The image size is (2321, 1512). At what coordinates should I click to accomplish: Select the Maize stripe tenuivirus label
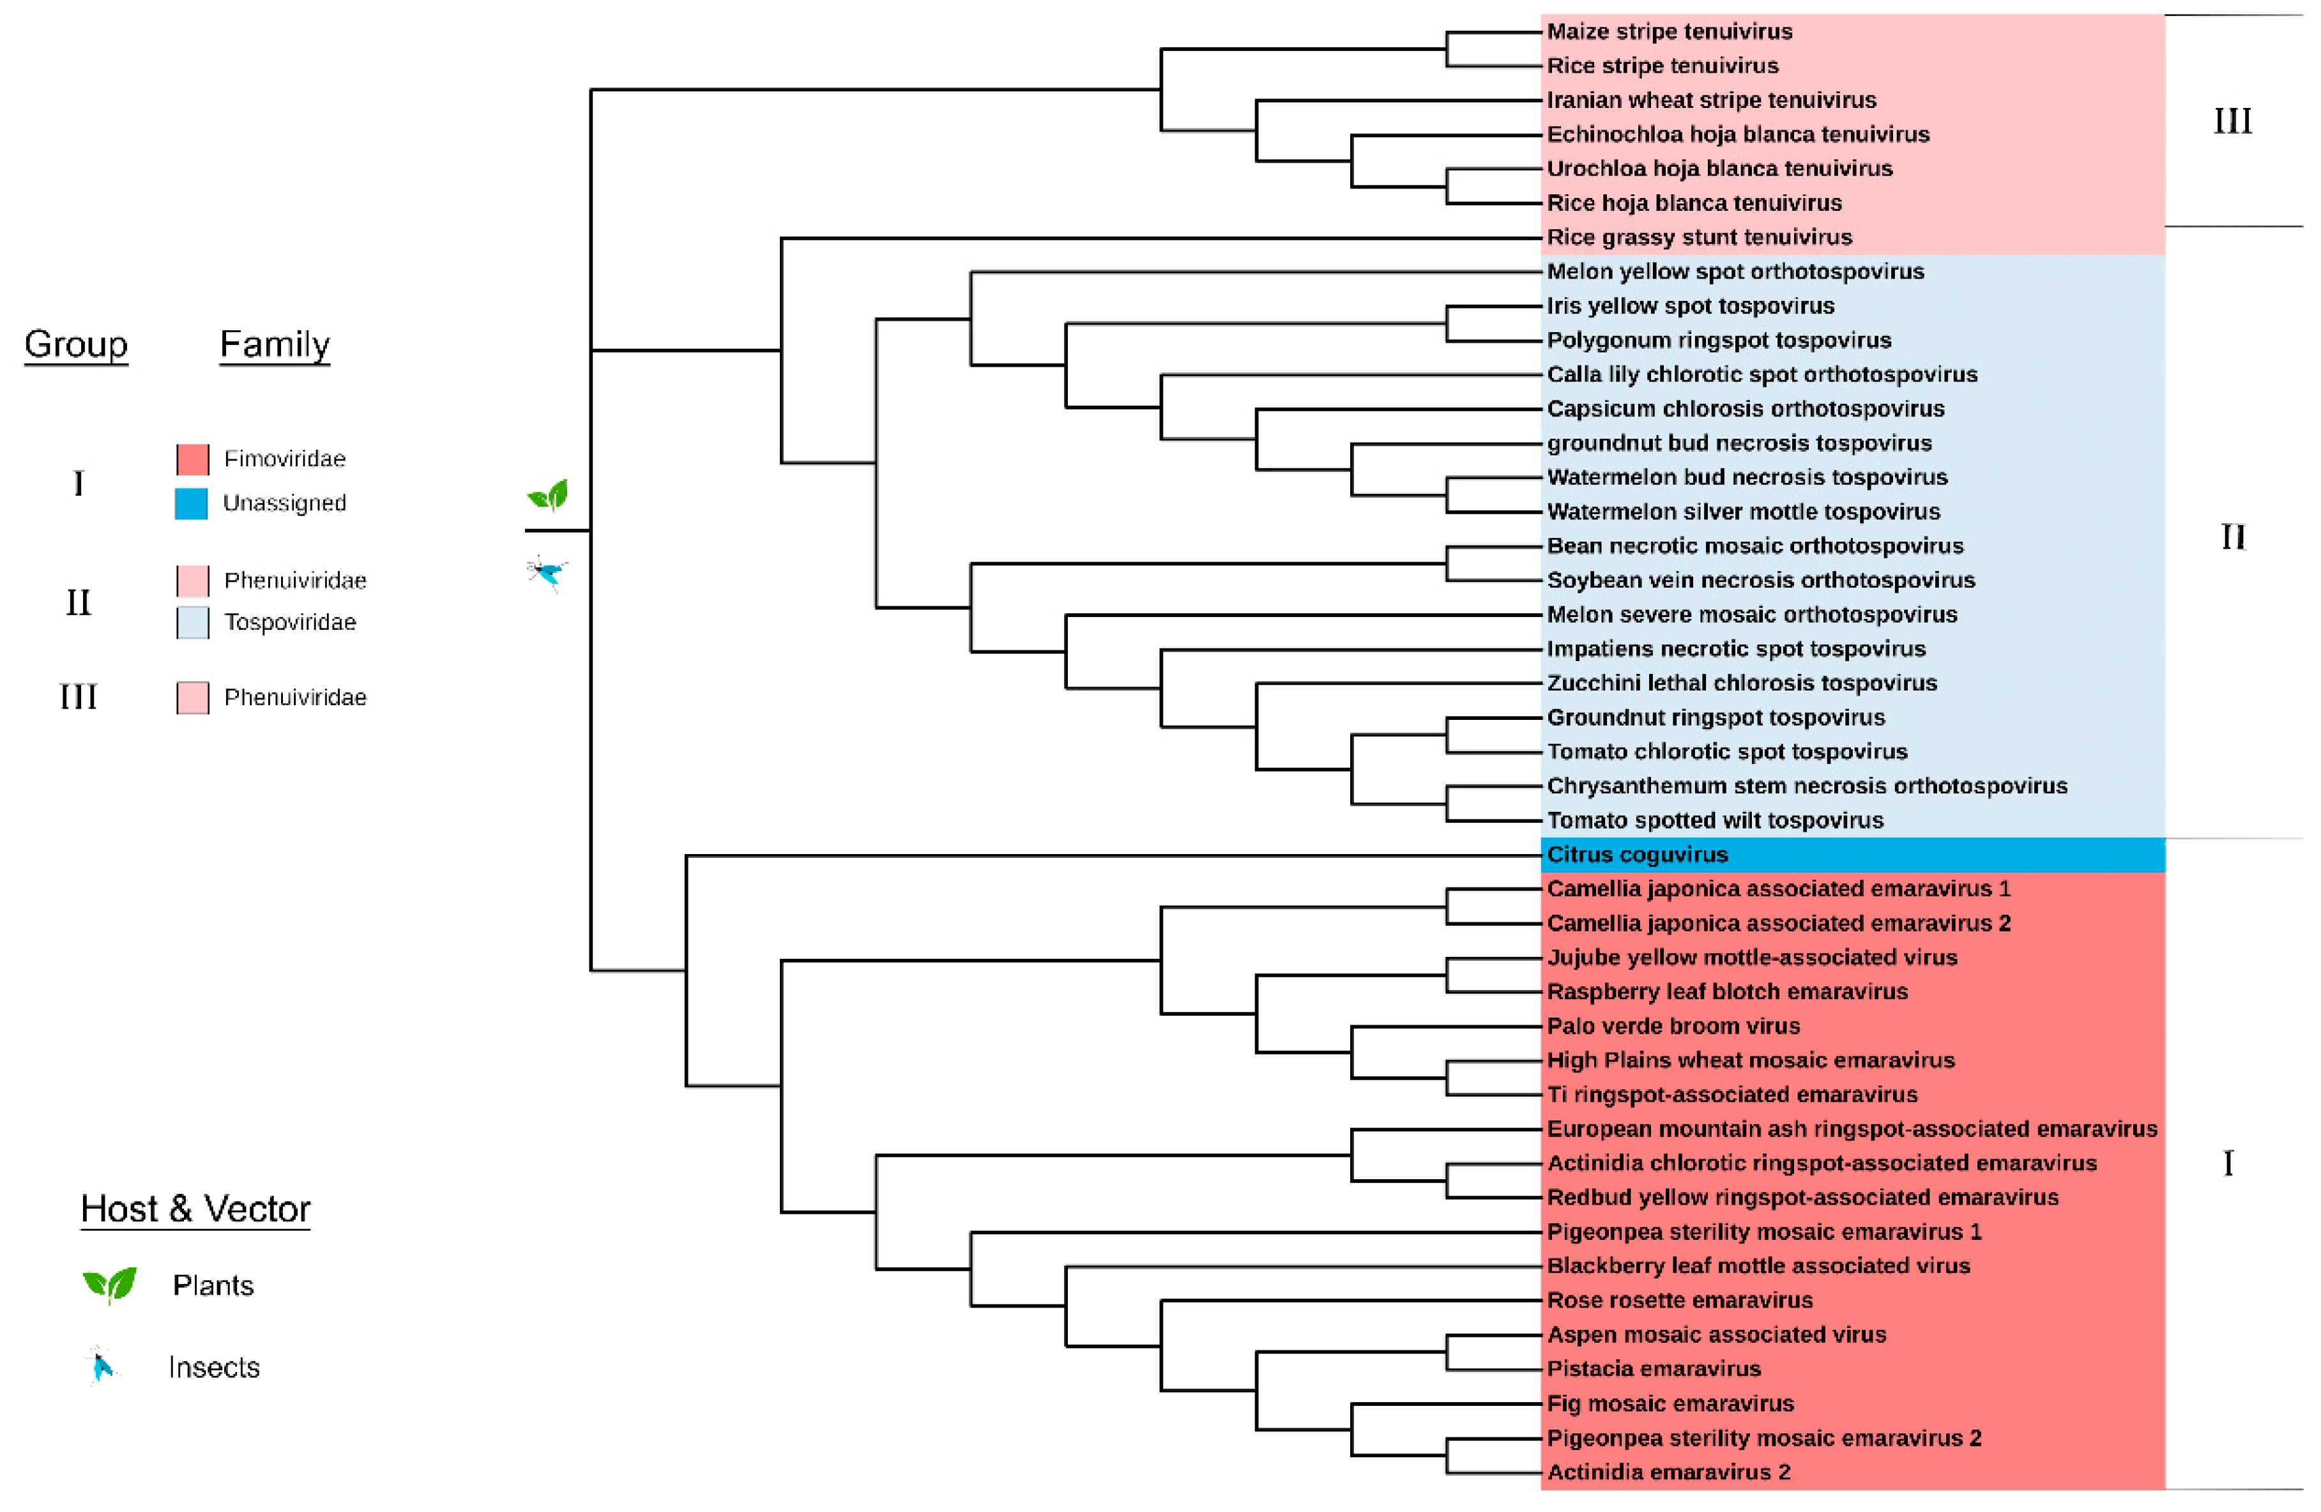1669,32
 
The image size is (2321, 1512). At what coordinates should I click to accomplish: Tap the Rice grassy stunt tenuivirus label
1699,237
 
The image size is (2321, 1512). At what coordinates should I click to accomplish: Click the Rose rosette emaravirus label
1679,1301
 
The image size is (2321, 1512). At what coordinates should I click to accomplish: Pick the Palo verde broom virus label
1673,1027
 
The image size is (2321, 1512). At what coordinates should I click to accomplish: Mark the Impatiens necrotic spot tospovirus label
1736,650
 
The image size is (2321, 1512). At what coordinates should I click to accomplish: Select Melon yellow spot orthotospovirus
1735,272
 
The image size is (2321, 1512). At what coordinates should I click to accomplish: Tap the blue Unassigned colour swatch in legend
191,503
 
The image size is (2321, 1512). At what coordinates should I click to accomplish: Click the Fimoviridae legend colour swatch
192,459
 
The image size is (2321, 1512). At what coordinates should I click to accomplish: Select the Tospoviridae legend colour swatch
192,622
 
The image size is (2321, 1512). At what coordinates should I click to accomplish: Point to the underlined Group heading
76,344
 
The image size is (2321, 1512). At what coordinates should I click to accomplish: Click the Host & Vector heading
195,1210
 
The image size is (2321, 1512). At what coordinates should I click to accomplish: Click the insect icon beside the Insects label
100,1366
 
